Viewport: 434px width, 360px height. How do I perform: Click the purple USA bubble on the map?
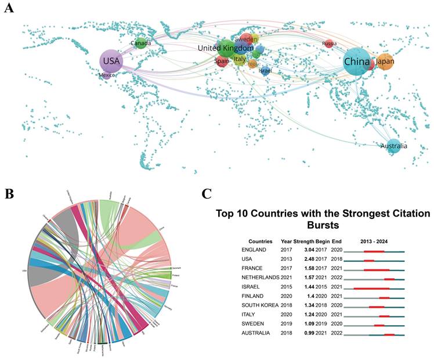click(x=111, y=60)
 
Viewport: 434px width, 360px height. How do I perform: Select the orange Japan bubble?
click(x=385, y=61)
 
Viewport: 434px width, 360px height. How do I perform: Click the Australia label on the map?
click(x=394, y=146)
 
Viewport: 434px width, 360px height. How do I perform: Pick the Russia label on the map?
click(x=329, y=44)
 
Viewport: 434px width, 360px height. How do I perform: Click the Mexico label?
click(x=107, y=75)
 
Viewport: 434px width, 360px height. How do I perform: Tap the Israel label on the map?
click(x=265, y=71)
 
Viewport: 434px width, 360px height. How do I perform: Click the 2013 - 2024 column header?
click(x=374, y=240)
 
